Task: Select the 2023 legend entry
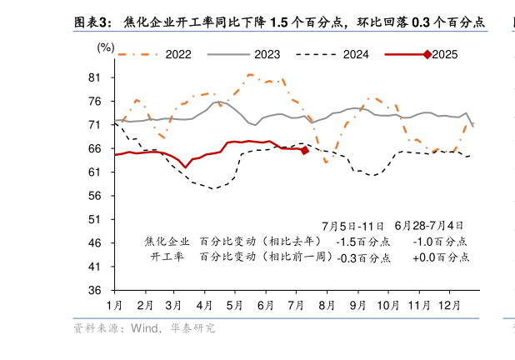coord(267,54)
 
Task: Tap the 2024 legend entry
coord(356,54)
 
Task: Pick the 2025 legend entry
coord(445,54)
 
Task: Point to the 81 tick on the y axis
coord(94,77)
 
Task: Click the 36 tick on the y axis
coord(94,290)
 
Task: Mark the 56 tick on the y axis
coord(94,196)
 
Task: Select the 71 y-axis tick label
coord(94,125)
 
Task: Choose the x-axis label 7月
coord(296,305)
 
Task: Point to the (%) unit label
coord(106,47)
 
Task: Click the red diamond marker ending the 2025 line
coord(305,150)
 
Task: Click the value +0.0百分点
coord(441,257)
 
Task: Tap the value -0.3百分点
coord(362,257)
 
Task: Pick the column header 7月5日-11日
coord(352,226)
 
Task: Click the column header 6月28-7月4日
coord(429,226)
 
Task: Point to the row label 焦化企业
coord(167,242)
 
